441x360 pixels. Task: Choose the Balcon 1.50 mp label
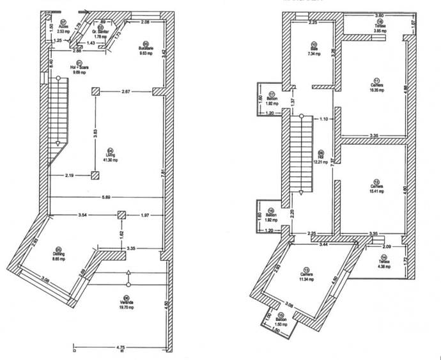[x=281, y=322]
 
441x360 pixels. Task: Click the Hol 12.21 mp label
[x=321, y=158]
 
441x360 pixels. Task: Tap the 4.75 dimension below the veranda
[x=120, y=348]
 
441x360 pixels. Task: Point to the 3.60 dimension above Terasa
[x=378, y=15]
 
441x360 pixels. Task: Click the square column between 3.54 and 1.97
[x=120, y=215]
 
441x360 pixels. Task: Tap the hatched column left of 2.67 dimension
[x=95, y=92]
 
